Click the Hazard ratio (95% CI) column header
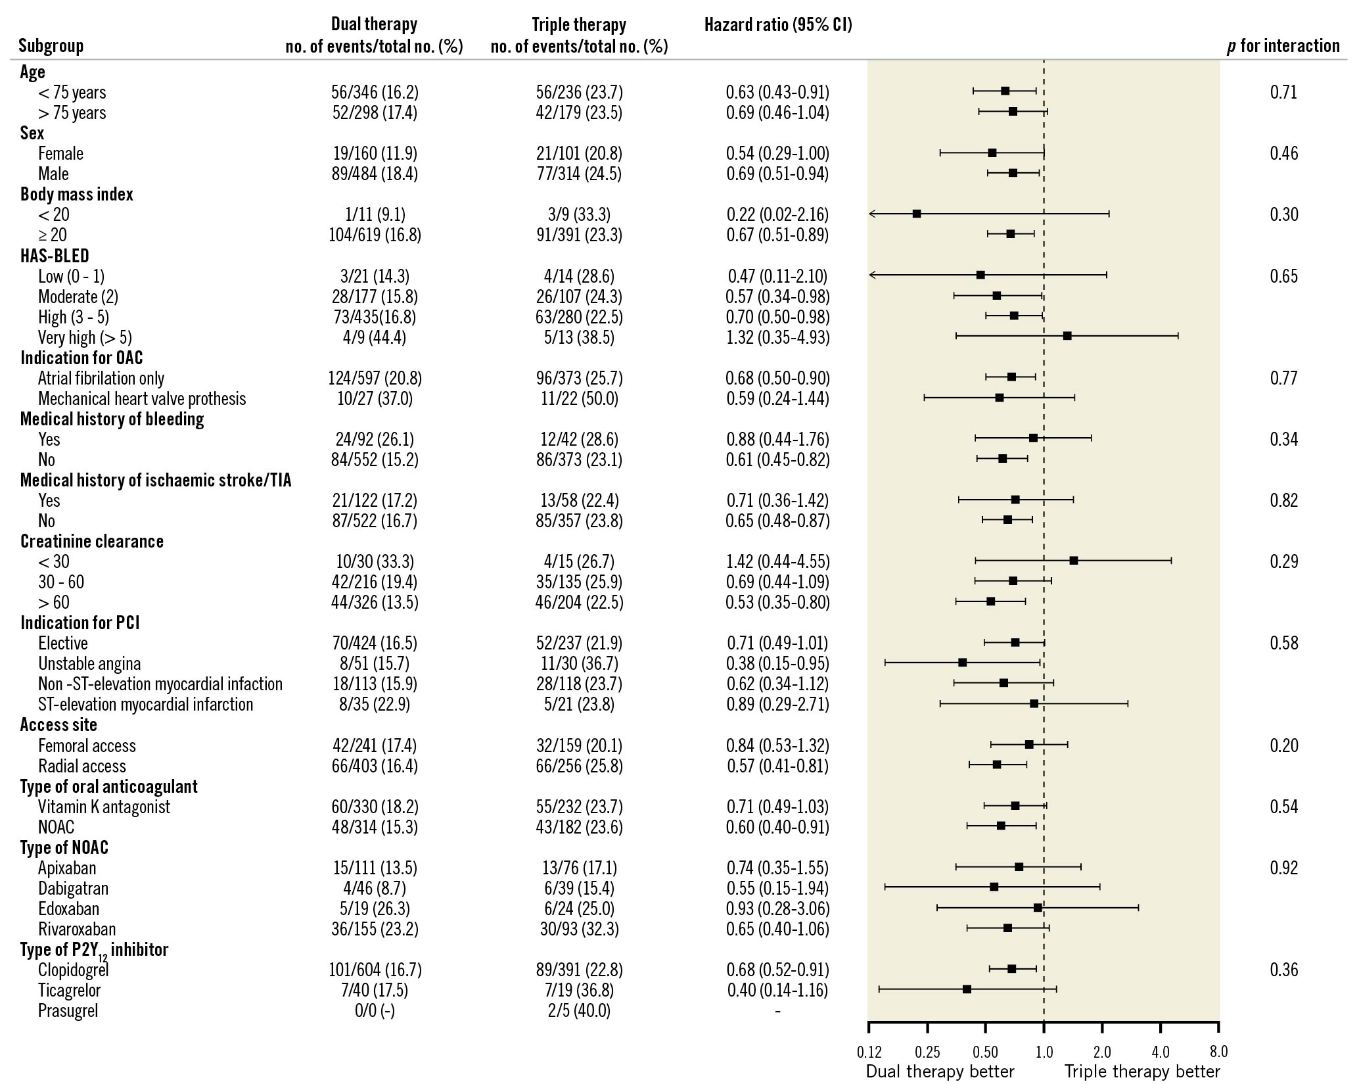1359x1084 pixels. pos(777,25)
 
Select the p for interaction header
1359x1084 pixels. pos(1283,45)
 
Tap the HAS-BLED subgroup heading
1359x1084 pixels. pos(55,256)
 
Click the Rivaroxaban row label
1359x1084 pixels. pos(77,929)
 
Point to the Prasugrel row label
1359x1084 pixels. pos(68,1010)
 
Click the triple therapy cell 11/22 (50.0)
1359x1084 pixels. pos(579,398)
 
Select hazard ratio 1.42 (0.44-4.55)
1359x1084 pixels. pos(777,561)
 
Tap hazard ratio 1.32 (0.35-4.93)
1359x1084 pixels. pos(777,337)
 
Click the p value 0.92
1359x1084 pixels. pos(1283,868)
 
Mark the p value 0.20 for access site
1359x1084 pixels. pos(1283,745)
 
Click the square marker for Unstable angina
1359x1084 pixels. pos(962,662)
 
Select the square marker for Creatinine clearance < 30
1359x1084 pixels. pos(1073,561)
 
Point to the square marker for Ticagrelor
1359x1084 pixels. pos(967,989)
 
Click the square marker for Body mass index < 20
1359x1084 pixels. pos(917,214)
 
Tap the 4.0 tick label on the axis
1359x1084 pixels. pos(1161,1052)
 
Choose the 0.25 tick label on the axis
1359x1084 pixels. pos(927,1052)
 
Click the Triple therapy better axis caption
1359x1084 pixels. pos(1142,1072)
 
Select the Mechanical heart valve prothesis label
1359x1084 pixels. pos(142,398)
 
